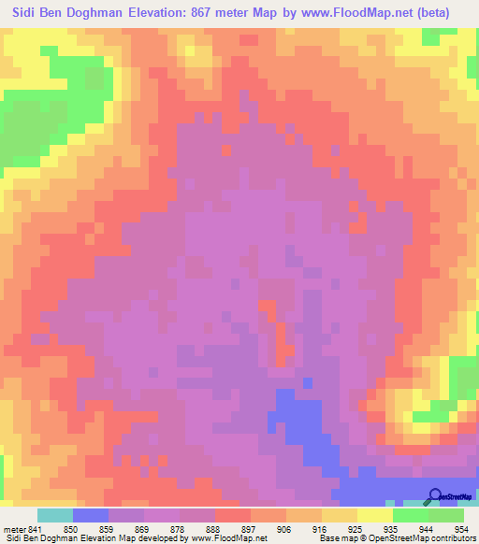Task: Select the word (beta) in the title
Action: (x=428, y=13)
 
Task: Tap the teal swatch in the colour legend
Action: (x=55, y=515)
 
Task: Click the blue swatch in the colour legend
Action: (x=91, y=515)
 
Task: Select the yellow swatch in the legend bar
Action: (x=374, y=515)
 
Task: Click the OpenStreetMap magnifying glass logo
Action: (x=433, y=495)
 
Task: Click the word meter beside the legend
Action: (x=14, y=528)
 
